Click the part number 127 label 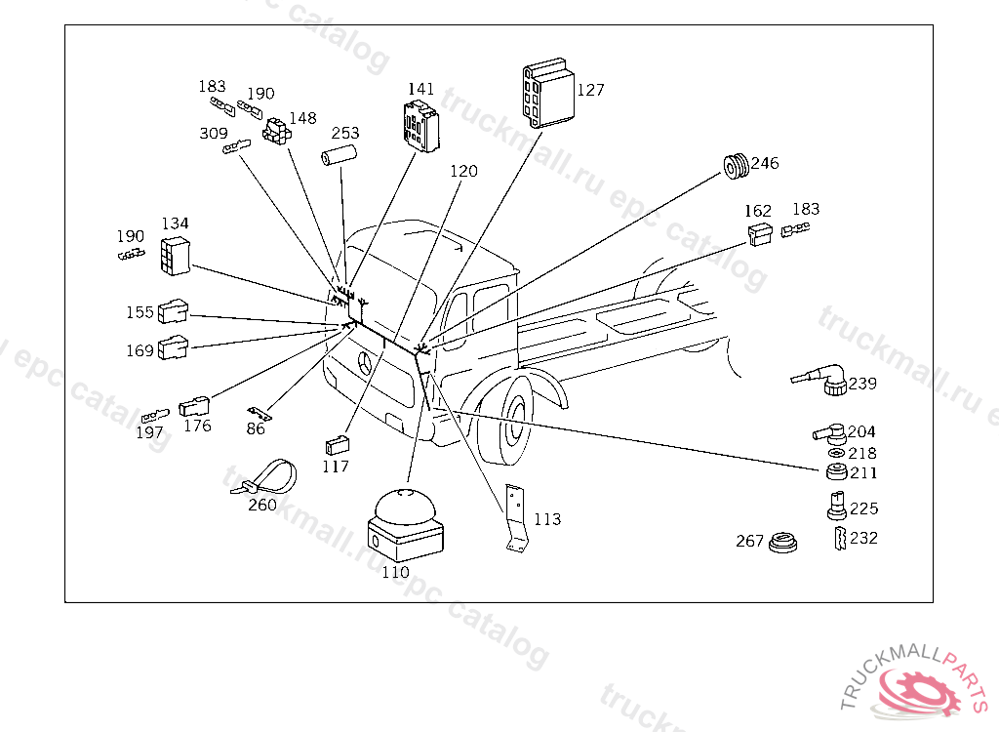click(x=590, y=90)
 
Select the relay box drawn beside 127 click(x=548, y=93)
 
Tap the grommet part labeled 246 click(x=736, y=166)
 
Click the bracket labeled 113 click(x=517, y=517)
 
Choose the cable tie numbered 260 click(x=263, y=477)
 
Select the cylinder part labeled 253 click(x=338, y=155)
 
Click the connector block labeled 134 click(x=176, y=256)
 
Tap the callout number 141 click(x=421, y=89)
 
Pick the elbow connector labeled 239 click(x=819, y=379)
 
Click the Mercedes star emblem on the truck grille click(x=365, y=363)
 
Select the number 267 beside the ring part click(x=749, y=542)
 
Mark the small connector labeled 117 click(x=337, y=444)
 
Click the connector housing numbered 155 click(x=173, y=310)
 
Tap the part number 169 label click(x=140, y=350)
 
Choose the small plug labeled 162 click(x=759, y=234)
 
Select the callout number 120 click(x=463, y=171)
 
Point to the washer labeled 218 click(x=836, y=453)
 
